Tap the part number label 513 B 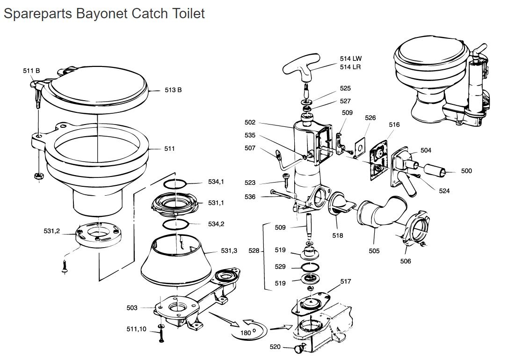pyautogui.click(x=173, y=90)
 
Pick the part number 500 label pyautogui.click(x=466, y=171)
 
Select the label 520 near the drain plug pyautogui.click(x=276, y=347)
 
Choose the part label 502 pyautogui.click(x=250, y=123)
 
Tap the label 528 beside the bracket pyautogui.click(x=254, y=251)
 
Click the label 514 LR pyautogui.click(x=350, y=67)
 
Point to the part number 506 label pyautogui.click(x=406, y=261)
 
